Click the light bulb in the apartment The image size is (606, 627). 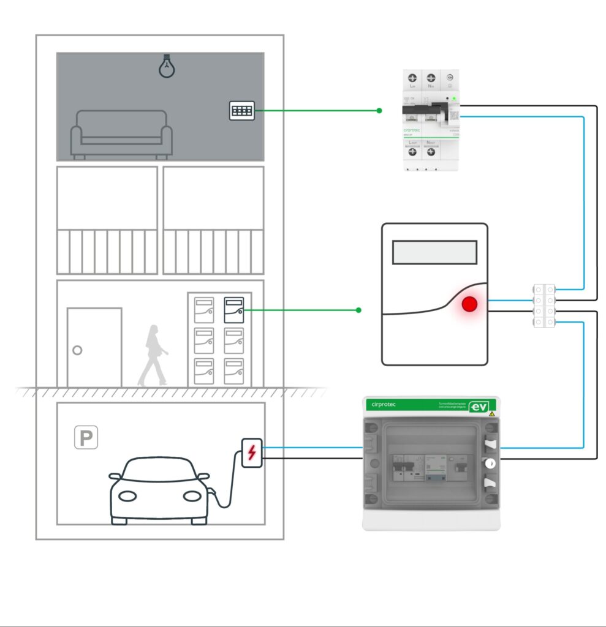click(x=165, y=66)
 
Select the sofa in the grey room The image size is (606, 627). click(x=121, y=135)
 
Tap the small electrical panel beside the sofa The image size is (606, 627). click(x=241, y=111)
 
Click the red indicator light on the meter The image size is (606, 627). click(x=470, y=304)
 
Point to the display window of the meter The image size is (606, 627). click(x=434, y=252)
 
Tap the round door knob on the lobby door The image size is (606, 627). click(x=77, y=351)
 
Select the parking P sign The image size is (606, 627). click(x=86, y=438)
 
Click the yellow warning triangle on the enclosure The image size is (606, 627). click(x=491, y=415)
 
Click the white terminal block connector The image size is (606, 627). click(x=544, y=306)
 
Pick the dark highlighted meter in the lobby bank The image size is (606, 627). click(x=233, y=310)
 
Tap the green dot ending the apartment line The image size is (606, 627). click(x=379, y=111)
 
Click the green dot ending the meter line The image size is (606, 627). click(x=358, y=310)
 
